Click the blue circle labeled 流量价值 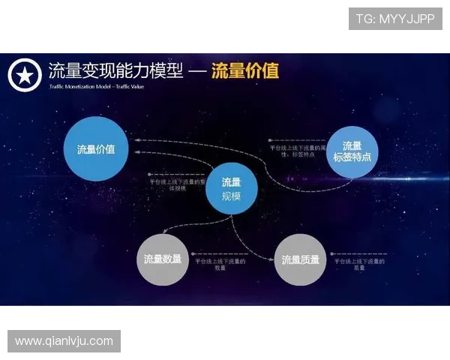(x=96, y=148)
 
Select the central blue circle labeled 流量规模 (x=231, y=189)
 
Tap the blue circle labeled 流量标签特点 (x=352, y=151)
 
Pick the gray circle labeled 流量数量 (x=163, y=259)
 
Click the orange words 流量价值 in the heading (x=245, y=70)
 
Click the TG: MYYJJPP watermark (x=395, y=19)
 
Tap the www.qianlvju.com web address (x=64, y=341)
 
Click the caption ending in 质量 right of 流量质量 (x=363, y=264)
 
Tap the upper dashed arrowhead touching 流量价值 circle (x=134, y=140)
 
